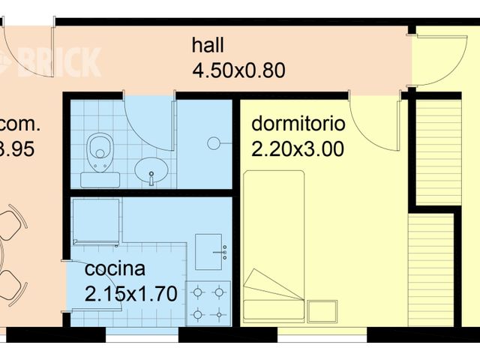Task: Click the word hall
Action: (208, 46)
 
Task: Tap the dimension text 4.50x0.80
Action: (238, 71)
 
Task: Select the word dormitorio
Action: (298, 123)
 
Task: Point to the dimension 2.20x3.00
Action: (298, 149)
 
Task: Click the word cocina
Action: (115, 269)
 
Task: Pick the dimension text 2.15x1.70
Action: (131, 294)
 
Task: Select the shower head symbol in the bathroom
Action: (214, 142)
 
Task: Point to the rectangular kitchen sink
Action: (209, 251)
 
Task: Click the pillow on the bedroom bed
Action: (273, 288)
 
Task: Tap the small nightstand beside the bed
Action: (322, 310)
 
